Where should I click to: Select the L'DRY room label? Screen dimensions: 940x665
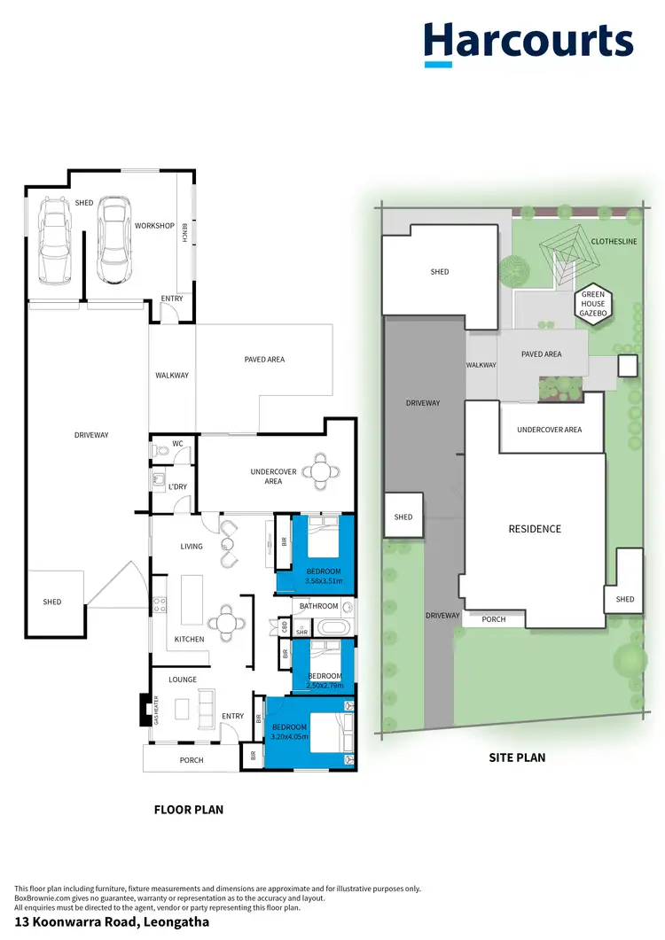pos(177,486)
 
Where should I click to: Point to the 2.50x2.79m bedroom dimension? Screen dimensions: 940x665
pos(324,685)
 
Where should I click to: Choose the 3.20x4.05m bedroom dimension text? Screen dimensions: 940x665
pos(289,735)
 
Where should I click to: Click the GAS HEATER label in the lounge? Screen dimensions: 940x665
pos(156,710)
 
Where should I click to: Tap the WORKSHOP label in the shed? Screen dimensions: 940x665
pos(154,226)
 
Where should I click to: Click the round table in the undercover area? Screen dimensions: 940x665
pos(318,470)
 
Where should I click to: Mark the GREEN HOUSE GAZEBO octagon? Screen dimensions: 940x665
pos(591,305)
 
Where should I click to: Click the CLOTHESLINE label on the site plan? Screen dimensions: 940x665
pos(614,241)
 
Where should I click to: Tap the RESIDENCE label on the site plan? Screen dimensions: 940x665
pos(534,529)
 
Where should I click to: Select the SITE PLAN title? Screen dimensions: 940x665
pos(517,757)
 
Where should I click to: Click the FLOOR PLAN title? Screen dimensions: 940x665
pos(188,809)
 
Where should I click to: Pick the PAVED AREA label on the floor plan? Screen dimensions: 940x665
pos(264,360)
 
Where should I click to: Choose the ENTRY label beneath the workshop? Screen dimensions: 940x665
pos(171,299)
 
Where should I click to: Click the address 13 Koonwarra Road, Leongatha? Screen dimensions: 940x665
pos(111,921)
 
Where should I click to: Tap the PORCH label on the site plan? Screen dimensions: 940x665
pos(493,619)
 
